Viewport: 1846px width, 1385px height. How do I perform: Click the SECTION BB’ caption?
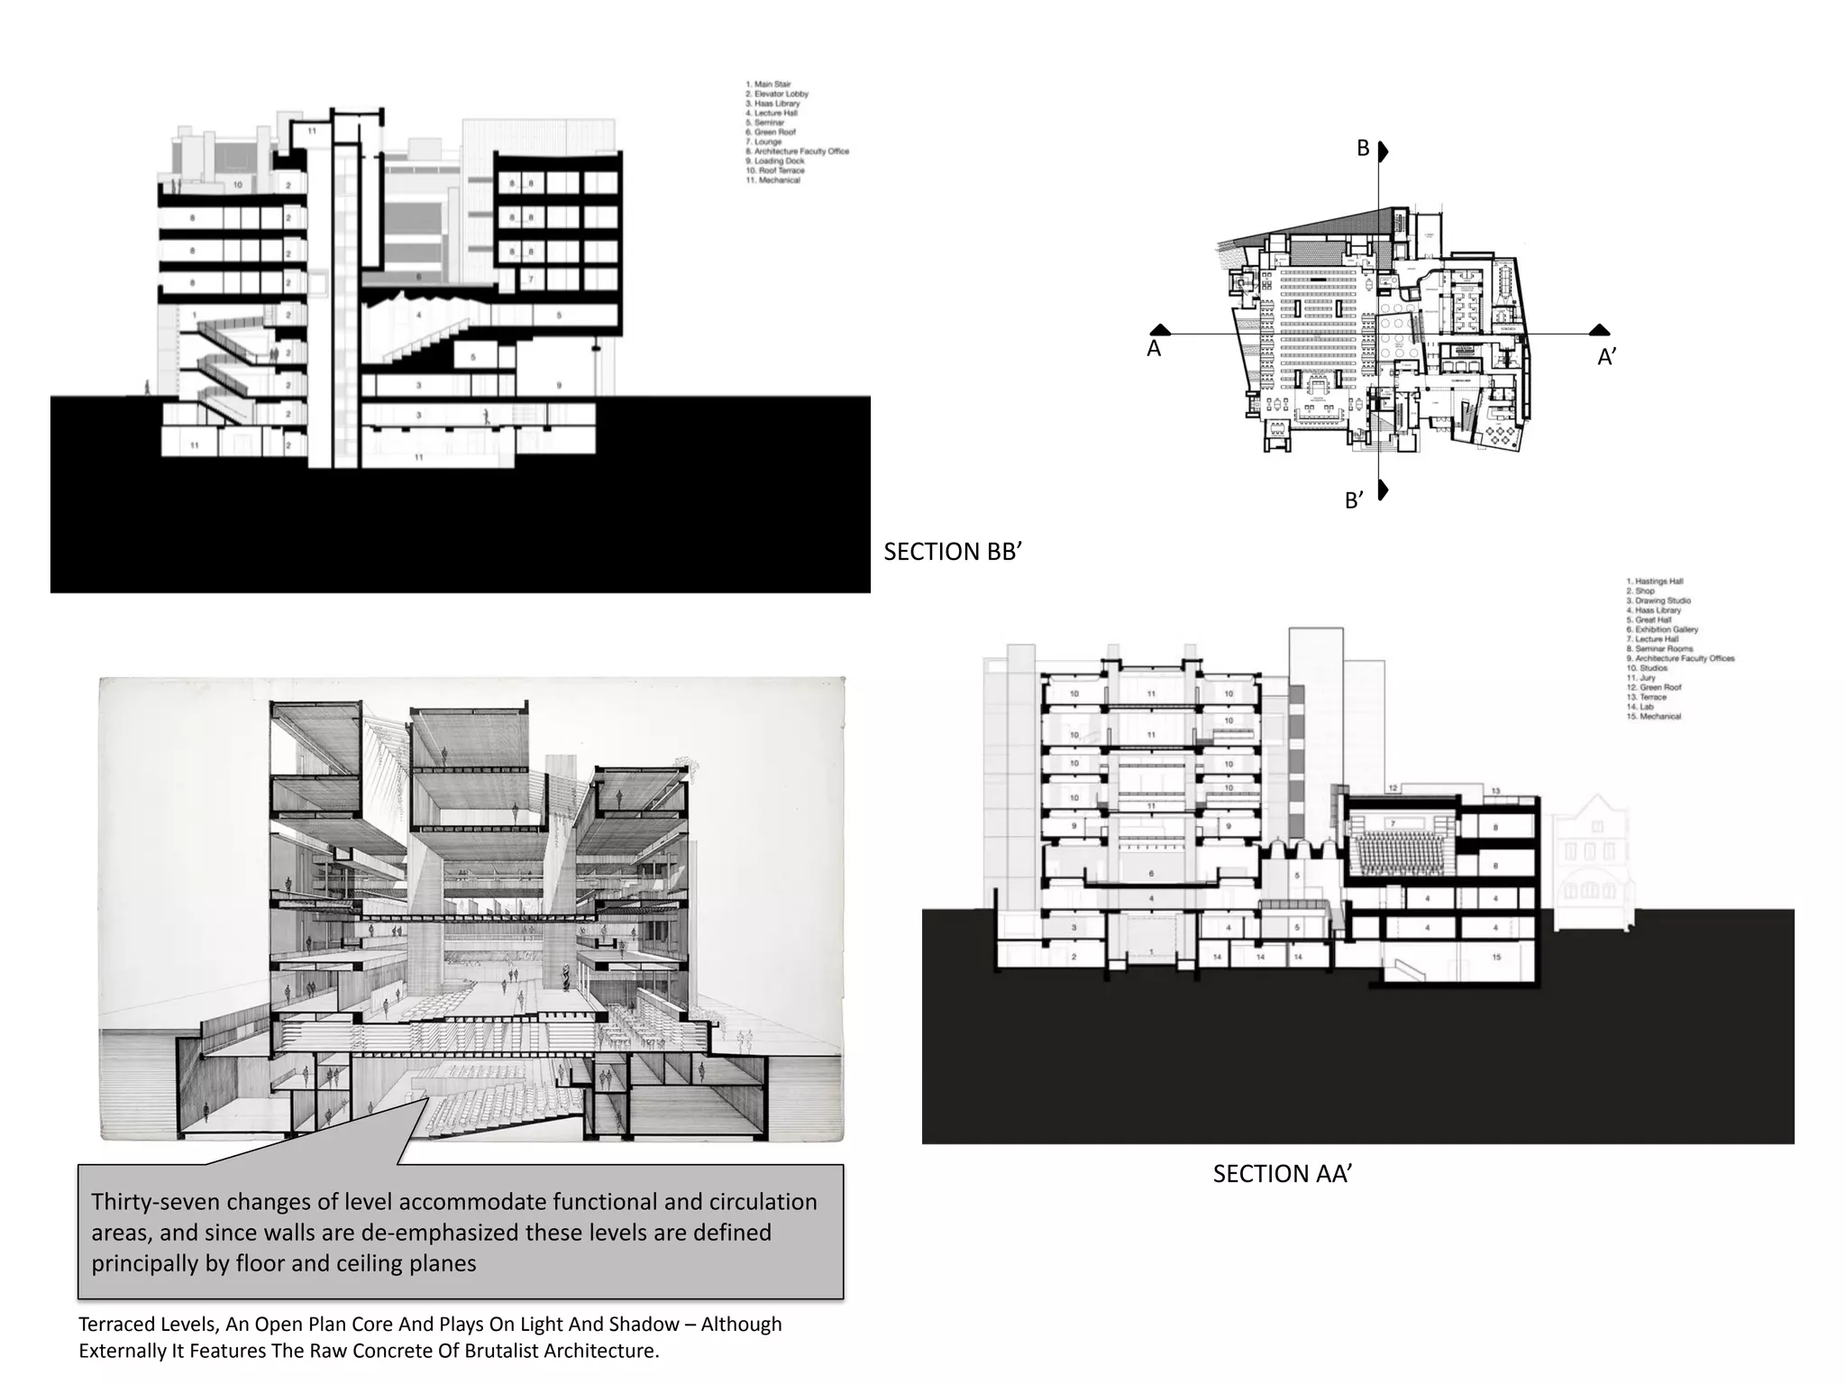point(952,552)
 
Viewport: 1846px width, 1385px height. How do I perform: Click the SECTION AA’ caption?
point(1281,1174)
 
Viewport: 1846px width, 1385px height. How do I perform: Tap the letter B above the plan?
point(1363,149)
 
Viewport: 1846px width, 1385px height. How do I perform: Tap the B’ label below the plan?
point(1354,500)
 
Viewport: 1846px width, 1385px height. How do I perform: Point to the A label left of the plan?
point(1153,349)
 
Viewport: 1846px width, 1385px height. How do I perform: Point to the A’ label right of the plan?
point(1606,357)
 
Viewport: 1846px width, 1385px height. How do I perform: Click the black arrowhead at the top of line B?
point(1384,151)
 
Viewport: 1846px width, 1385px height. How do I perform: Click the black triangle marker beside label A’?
point(1599,330)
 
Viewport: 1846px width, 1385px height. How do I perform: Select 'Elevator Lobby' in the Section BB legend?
point(781,94)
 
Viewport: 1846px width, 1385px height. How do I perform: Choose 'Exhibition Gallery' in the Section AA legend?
point(1666,629)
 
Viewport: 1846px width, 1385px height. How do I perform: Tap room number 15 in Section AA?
point(1496,957)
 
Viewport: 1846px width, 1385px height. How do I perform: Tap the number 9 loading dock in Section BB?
point(559,385)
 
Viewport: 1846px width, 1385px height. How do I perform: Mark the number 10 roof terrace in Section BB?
point(238,185)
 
